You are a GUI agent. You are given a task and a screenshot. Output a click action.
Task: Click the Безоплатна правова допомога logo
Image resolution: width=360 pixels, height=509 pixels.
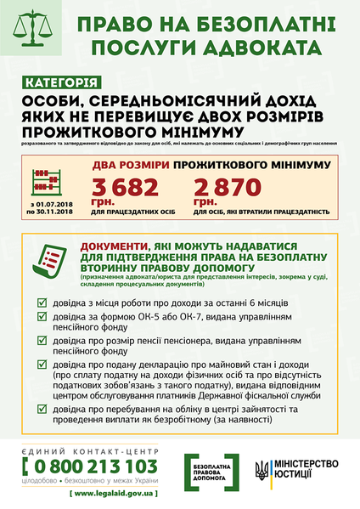tap(212, 470)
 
